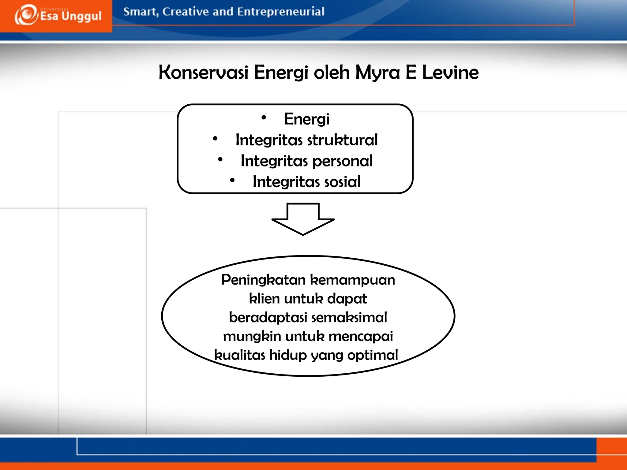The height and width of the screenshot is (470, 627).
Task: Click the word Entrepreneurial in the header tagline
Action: (x=280, y=12)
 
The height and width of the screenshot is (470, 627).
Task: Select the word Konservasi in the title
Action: (x=203, y=73)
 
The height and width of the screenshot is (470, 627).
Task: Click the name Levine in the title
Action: (x=450, y=73)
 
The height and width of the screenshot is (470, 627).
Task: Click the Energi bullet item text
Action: (x=306, y=119)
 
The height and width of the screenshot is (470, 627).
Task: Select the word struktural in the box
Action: (x=342, y=140)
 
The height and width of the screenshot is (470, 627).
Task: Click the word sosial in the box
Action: (x=342, y=182)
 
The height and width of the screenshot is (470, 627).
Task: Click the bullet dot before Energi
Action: (x=264, y=117)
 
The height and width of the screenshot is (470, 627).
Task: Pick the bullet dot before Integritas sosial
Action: (x=232, y=181)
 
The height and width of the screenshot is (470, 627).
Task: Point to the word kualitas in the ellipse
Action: (x=239, y=355)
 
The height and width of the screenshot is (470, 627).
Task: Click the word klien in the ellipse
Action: (x=264, y=299)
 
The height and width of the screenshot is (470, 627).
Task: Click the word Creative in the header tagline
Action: (x=186, y=12)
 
